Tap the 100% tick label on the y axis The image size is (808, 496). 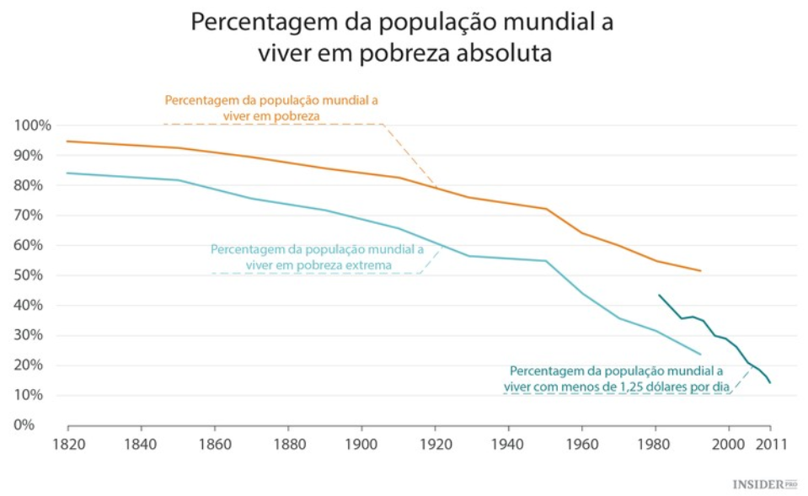[x=33, y=125]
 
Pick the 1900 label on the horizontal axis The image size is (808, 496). [x=361, y=442]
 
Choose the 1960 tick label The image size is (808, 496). [x=582, y=442]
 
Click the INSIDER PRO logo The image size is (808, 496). [x=764, y=484]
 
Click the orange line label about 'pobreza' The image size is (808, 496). [x=271, y=107]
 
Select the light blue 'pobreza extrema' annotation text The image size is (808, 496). [x=318, y=257]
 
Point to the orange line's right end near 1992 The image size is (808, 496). [x=700, y=270]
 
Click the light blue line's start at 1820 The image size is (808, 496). [x=68, y=173]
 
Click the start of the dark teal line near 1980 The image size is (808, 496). [x=659, y=295]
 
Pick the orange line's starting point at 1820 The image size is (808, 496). [x=68, y=141]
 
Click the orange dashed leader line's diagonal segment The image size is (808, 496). [x=411, y=157]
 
